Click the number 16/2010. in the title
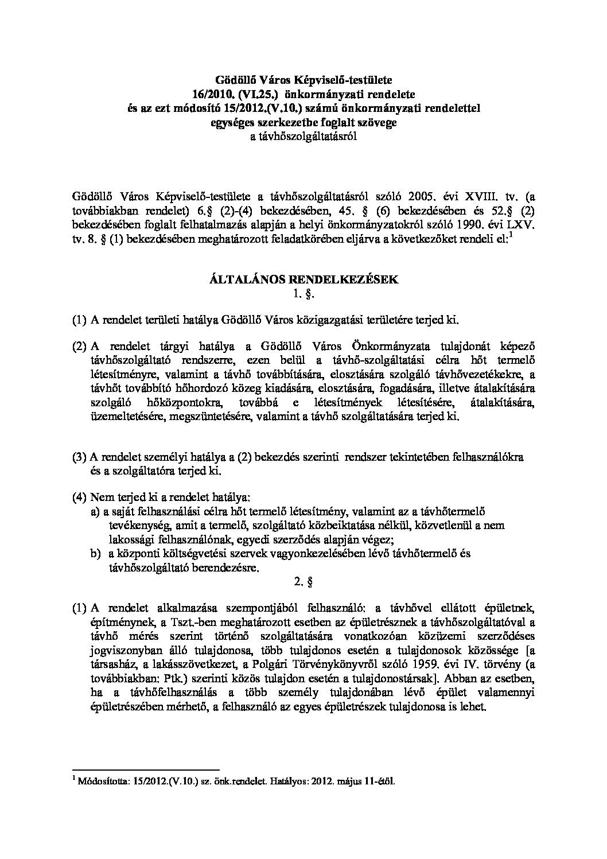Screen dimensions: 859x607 212,92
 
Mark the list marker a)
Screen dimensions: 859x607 95,512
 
